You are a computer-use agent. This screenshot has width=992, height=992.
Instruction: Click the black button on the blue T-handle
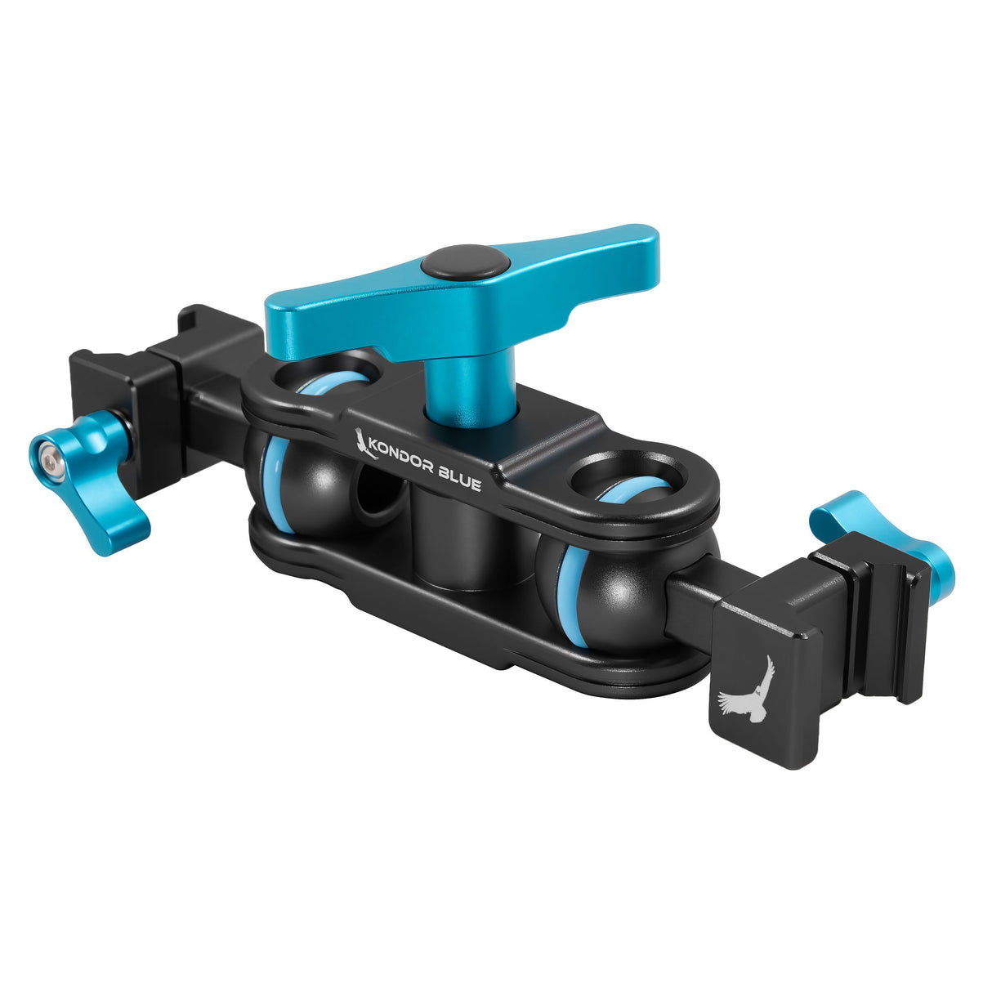(466, 266)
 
